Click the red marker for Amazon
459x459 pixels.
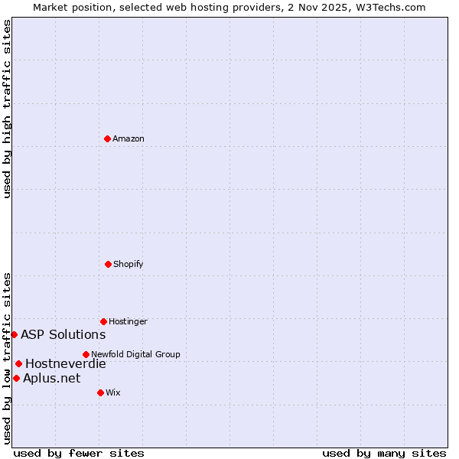pyautogui.click(x=108, y=138)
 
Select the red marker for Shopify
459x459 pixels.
pyautogui.click(x=108, y=264)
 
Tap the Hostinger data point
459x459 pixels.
pyautogui.click(x=103, y=321)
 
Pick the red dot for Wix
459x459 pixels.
pyautogui.click(x=100, y=392)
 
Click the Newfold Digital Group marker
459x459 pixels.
pyautogui.click(x=86, y=354)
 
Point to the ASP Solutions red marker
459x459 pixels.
pyautogui.click(x=14, y=334)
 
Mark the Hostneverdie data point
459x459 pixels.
pyautogui.click(x=18, y=363)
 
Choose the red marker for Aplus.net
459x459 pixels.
pyautogui.click(x=16, y=378)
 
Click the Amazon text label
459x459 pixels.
pyautogui.click(x=129, y=138)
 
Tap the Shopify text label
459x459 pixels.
pyautogui.click(x=129, y=264)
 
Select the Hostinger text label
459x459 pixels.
pyautogui.click(x=128, y=321)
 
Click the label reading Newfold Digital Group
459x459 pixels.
pyautogui.click(x=135, y=354)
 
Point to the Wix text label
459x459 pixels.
pyautogui.click(x=113, y=392)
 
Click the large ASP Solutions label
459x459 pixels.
pyautogui.click(x=63, y=334)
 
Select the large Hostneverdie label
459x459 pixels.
pyautogui.click(x=66, y=363)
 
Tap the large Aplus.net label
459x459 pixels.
pyautogui.click(x=51, y=378)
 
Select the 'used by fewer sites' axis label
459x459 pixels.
pyautogui.click(x=79, y=453)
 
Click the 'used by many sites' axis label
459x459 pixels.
pyautogui.click(x=384, y=453)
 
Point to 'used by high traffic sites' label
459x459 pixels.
pyautogui.click(x=7, y=109)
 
